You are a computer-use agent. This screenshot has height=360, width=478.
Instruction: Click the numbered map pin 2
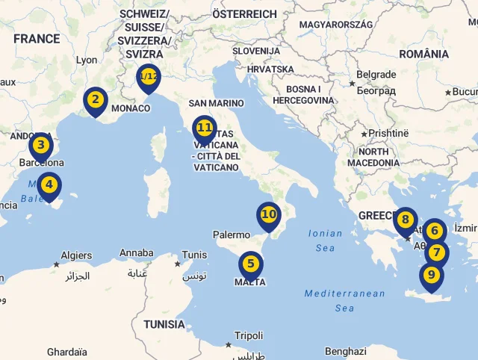tap(95, 99)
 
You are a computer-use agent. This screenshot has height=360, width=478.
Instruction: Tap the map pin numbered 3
tap(41, 146)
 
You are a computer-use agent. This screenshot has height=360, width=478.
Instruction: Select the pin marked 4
tap(49, 184)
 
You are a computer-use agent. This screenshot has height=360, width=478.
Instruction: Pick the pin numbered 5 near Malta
tap(250, 264)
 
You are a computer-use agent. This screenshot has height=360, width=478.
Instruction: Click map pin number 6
tap(434, 232)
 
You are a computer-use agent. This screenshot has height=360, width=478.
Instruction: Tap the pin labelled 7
tap(437, 253)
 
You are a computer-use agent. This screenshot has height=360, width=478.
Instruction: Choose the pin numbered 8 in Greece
tap(405, 220)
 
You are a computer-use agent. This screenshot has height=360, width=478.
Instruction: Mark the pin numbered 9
tap(431, 275)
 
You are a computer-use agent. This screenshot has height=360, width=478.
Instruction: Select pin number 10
tap(269, 214)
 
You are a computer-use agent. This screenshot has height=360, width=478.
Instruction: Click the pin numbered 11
tap(204, 128)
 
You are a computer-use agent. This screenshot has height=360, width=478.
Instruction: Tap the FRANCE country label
tap(36, 39)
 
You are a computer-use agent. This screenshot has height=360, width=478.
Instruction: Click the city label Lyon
tap(87, 60)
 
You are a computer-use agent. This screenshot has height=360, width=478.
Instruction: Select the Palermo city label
tap(231, 235)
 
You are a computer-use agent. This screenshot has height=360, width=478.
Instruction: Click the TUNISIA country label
tap(164, 324)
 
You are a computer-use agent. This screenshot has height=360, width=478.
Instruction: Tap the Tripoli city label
tap(249, 336)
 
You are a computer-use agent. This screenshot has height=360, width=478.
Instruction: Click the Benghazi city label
tap(346, 351)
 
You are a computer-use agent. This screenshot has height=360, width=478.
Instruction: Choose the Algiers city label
tap(76, 255)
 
